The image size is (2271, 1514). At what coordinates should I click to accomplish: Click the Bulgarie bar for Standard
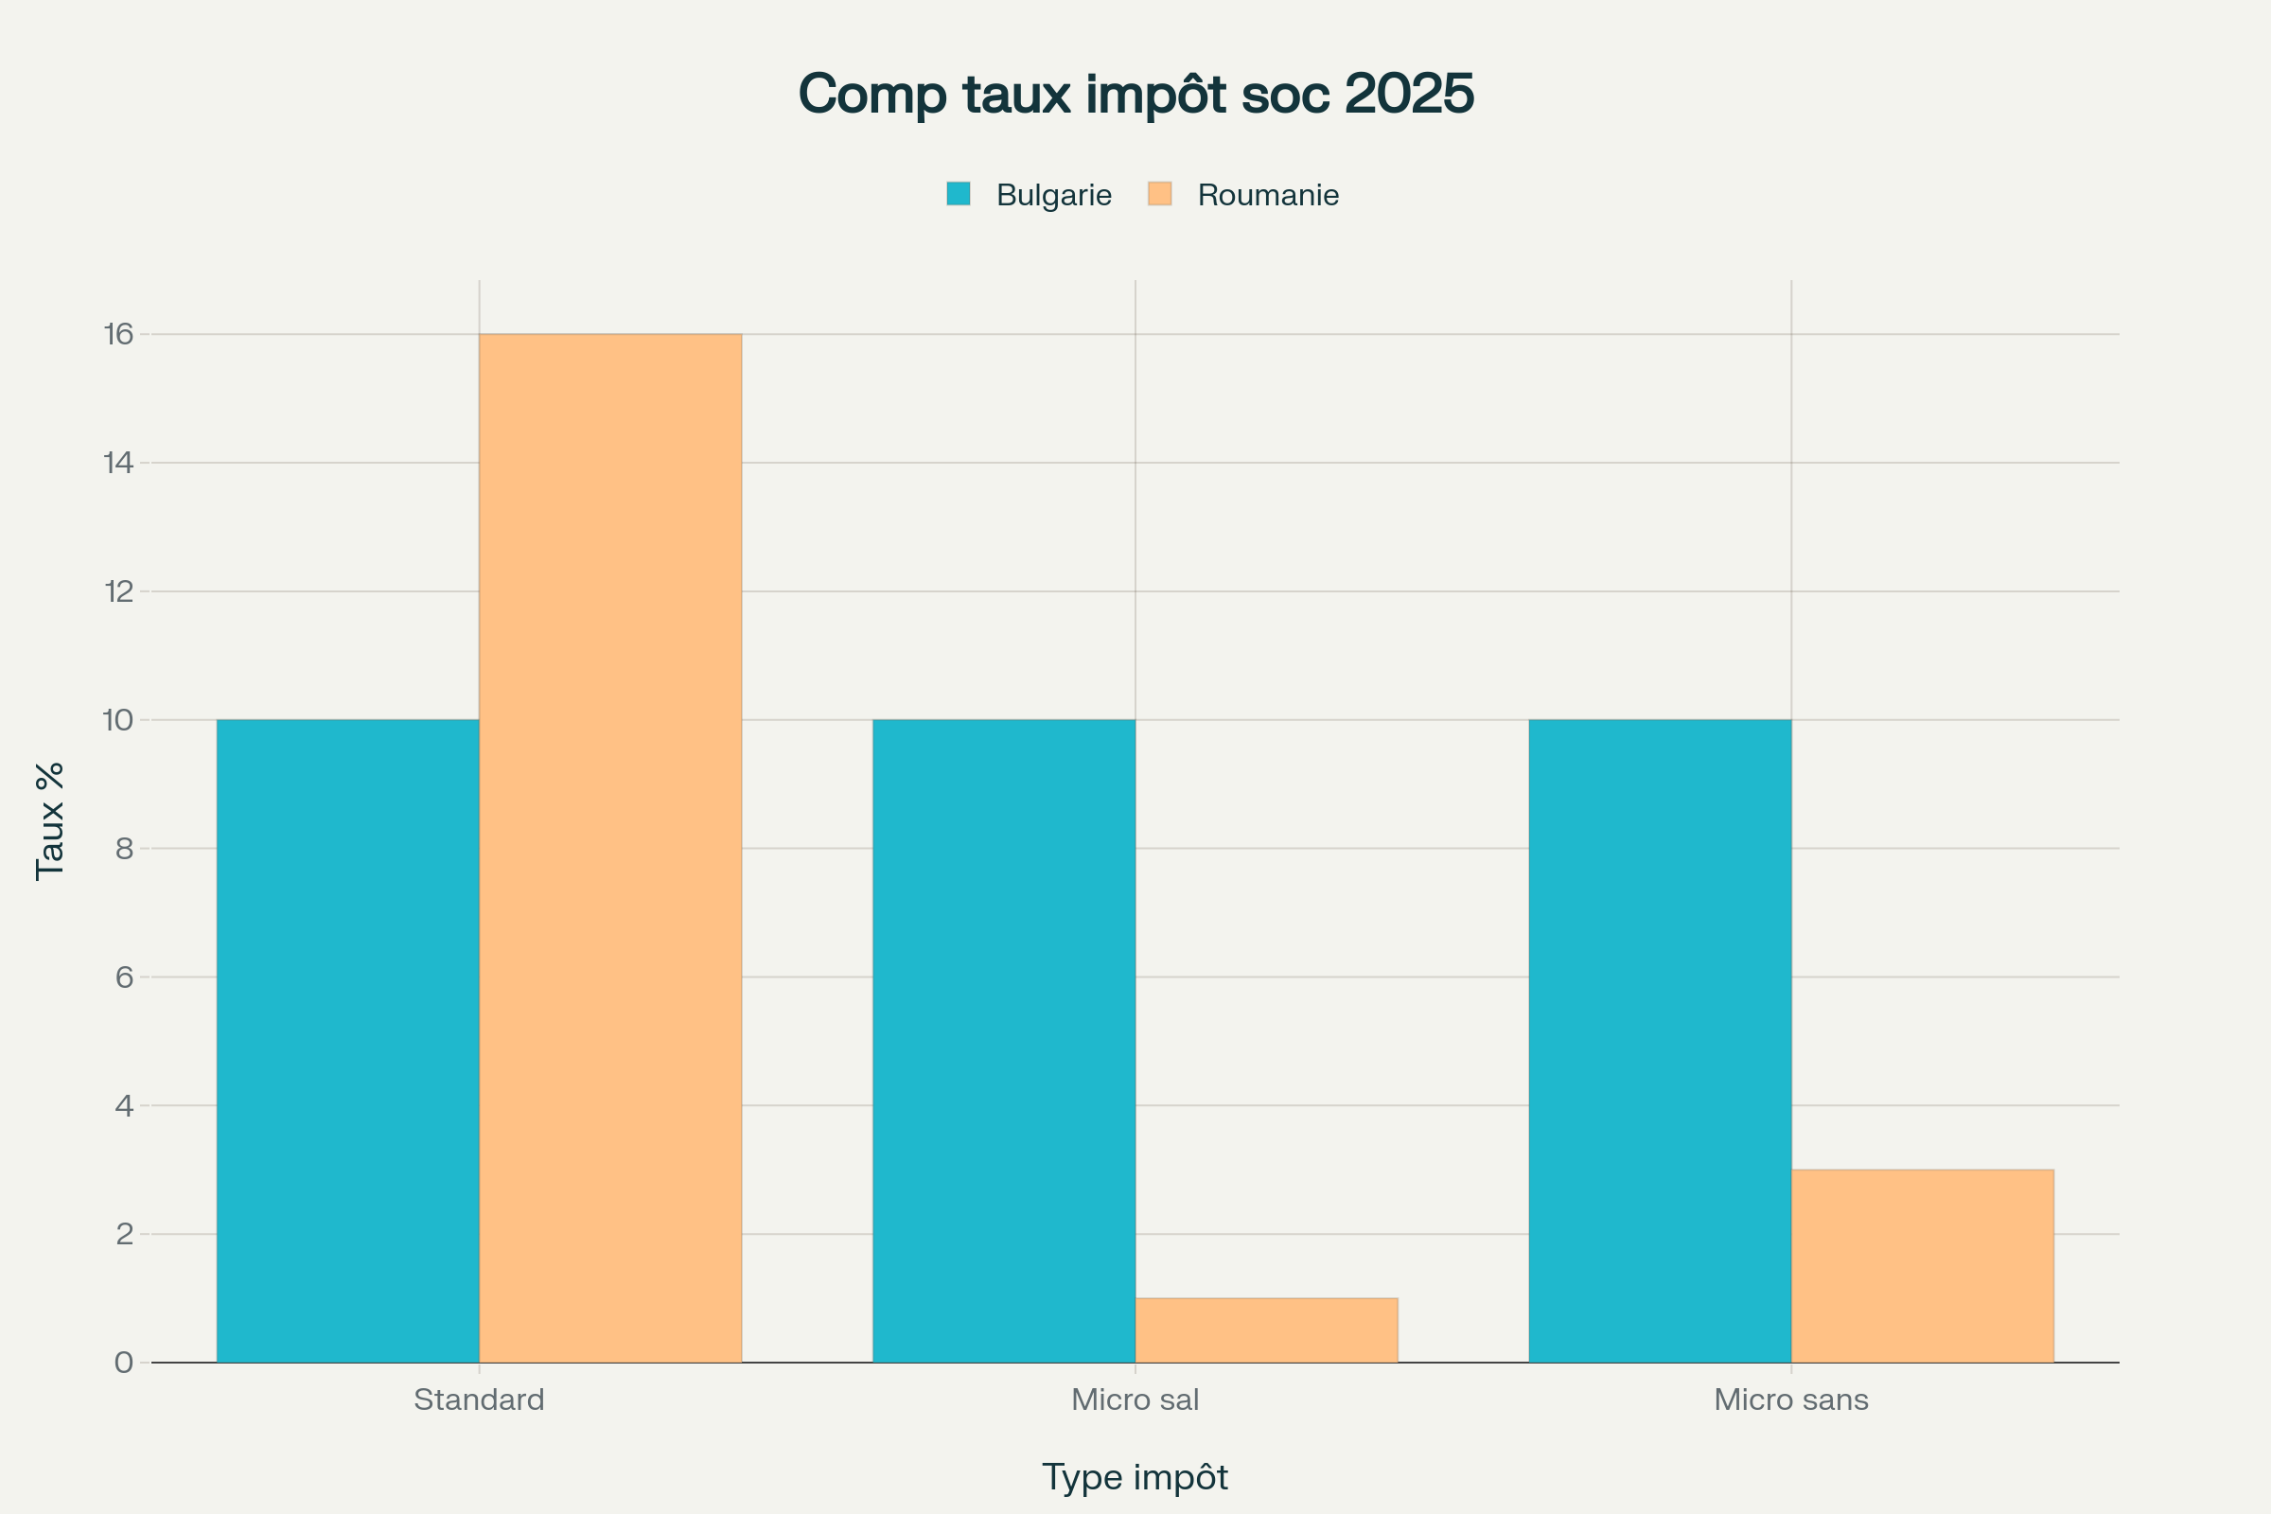tap(347, 1041)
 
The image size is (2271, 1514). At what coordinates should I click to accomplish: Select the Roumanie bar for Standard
tap(610, 848)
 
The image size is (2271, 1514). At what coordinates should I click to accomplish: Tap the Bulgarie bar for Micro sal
tap(1003, 1041)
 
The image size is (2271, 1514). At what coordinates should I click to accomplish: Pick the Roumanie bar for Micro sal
tap(1266, 1330)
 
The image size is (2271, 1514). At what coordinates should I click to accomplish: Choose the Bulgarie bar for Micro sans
tap(1660, 1041)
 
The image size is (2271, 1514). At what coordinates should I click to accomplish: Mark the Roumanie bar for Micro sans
tap(1923, 1266)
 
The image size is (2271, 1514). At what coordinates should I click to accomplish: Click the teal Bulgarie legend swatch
tap(958, 194)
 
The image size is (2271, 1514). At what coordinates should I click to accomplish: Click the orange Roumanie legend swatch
tap(1160, 194)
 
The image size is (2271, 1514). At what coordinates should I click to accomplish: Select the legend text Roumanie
tap(1268, 195)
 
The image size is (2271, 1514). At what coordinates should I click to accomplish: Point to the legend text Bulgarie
tap(1053, 195)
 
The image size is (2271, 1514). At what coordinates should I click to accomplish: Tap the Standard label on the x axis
tap(479, 1400)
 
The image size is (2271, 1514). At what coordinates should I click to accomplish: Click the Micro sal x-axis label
tap(1135, 1400)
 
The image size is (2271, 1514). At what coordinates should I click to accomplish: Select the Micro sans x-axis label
tap(1791, 1400)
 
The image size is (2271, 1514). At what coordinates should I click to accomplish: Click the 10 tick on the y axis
tap(117, 719)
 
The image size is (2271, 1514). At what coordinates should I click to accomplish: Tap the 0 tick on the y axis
tap(124, 1363)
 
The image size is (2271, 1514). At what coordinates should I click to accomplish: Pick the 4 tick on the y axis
tap(124, 1105)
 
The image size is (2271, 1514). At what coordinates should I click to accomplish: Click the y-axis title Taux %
tap(50, 820)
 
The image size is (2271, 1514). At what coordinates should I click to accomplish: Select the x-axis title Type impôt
tap(1135, 1477)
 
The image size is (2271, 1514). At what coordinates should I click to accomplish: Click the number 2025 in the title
tap(1409, 94)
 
